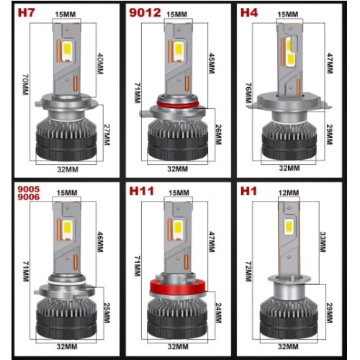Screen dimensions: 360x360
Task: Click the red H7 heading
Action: (x=26, y=13)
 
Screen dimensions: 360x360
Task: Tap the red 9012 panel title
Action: (x=145, y=13)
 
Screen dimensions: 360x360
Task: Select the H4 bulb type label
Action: (x=249, y=13)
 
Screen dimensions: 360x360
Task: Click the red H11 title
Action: (x=141, y=192)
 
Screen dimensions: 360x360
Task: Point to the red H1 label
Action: (x=248, y=192)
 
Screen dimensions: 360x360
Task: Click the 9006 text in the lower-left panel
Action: (x=29, y=197)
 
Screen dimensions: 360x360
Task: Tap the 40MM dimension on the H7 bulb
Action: (x=100, y=63)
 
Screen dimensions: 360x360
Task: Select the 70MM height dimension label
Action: (x=26, y=84)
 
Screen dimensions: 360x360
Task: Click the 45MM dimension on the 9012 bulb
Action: (x=212, y=63)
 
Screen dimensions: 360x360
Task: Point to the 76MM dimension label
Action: (x=248, y=93)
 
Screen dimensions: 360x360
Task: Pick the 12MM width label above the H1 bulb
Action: (x=289, y=193)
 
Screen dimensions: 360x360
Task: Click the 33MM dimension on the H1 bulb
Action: (x=323, y=242)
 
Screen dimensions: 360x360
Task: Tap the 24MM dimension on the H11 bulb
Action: (x=218, y=312)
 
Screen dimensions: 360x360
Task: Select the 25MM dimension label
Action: (x=107, y=312)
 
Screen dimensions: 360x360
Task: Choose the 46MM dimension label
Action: (x=100, y=242)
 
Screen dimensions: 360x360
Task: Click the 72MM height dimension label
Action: (x=248, y=271)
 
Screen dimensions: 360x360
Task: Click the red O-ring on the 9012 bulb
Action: (x=178, y=104)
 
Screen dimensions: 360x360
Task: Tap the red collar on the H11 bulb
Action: (x=178, y=287)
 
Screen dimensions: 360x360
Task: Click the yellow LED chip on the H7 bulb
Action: (x=68, y=50)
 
